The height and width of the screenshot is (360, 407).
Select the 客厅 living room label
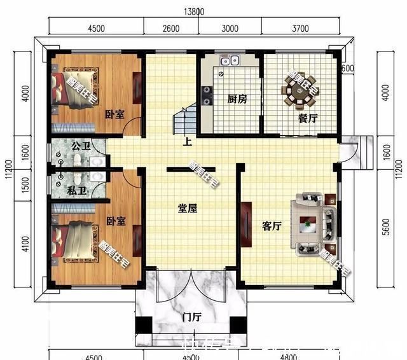272,226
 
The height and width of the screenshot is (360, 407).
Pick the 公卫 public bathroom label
80,146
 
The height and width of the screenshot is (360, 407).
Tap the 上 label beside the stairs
188,142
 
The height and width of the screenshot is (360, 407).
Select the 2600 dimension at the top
171,28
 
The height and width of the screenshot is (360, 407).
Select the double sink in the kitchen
229,62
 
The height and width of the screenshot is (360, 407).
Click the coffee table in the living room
309,225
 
